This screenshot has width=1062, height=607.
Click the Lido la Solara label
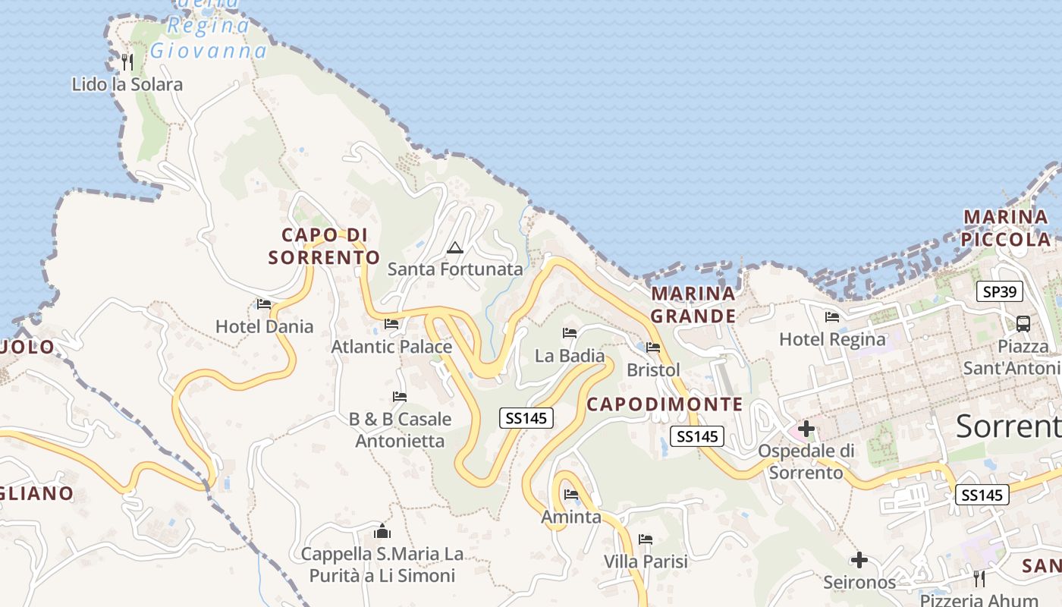tap(127, 84)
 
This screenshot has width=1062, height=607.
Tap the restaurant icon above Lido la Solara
tap(127, 61)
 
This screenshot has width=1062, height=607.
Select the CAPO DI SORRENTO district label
tap(324, 247)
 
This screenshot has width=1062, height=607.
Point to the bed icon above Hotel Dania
tap(264, 304)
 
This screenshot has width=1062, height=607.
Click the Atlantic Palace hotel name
tap(391, 347)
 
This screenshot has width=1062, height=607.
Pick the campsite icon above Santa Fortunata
tap(454, 247)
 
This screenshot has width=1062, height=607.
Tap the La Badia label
tap(570, 356)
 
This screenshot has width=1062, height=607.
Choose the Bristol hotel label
tap(653, 370)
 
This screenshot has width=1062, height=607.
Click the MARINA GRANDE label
tap(693, 304)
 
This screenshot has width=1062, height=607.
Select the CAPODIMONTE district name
tap(665, 404)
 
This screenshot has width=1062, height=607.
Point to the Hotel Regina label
tap(832, 339)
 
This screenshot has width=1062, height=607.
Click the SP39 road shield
tap(1000, 291)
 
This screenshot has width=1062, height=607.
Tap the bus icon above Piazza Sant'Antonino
tap(1023, 324)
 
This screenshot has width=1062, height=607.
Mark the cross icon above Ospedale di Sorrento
tap(806, 429)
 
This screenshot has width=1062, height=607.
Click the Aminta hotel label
tap(570, 517)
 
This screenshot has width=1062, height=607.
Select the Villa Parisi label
tap(646, 561)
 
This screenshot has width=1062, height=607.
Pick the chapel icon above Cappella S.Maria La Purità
tap(382, 531)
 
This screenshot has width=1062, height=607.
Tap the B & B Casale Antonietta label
tap(400, 429)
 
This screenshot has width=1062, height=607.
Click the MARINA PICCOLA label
tap(1006, 228)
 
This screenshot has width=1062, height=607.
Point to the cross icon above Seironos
tap(859, 561)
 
